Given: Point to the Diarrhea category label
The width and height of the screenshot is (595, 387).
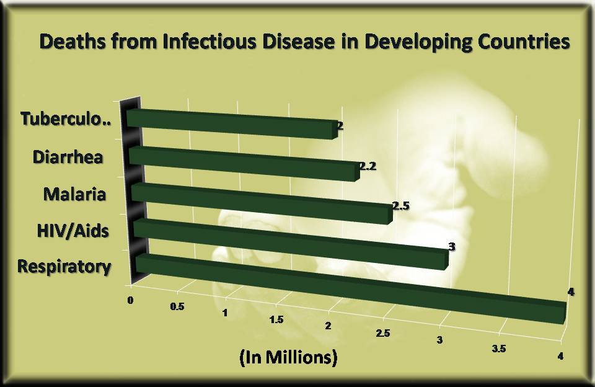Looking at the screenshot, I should [x=68, y=156].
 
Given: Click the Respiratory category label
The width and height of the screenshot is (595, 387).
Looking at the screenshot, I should [x=64, y=267].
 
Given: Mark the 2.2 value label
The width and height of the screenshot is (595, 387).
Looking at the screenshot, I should [x=368, y=167].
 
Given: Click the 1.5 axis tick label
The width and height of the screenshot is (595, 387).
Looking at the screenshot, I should [x=277, y=320].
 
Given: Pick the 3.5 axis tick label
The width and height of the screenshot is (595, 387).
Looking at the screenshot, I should [x=499, y=349].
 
